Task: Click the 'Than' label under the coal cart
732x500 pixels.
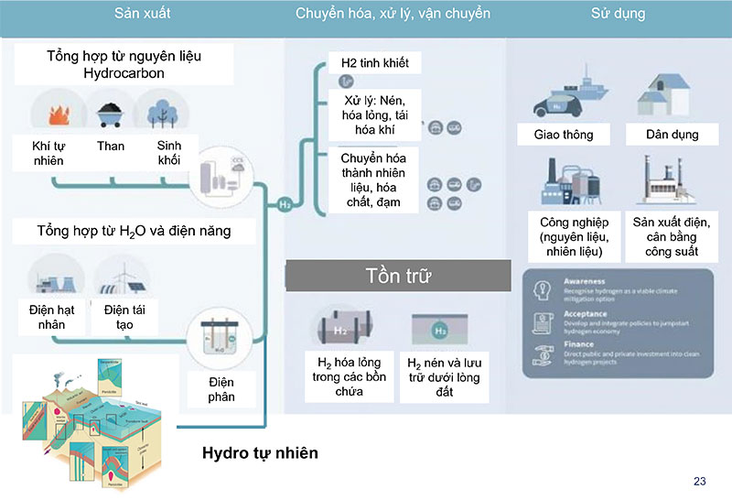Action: [x=110, y=146]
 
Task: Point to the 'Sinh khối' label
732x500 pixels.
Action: [x=168, y=153]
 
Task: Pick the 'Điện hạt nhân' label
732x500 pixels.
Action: [x=51, y=316]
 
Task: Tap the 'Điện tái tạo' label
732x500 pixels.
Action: [x=124, y=316]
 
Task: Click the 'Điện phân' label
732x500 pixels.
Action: [x=221, y=389]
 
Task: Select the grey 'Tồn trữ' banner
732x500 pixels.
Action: [x=398, y=276]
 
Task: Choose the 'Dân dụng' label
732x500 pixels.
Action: [x=673, y=135]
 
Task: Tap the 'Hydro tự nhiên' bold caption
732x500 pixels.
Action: [x=260, y=453]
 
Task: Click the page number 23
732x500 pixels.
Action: [x=700, y=482]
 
